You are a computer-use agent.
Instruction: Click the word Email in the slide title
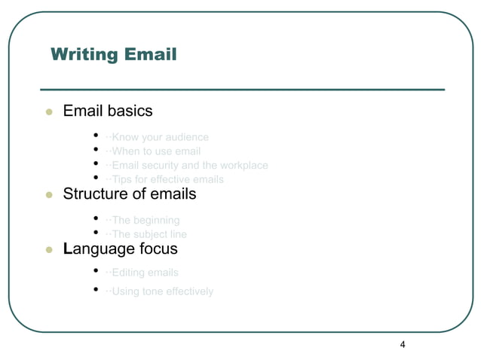pos(150,55)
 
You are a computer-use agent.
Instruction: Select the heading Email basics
pos(108,111)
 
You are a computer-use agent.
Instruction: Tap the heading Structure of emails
pos(129,194)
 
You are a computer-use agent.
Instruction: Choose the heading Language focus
pos(121,248)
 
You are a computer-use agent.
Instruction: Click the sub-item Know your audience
pos(158,137)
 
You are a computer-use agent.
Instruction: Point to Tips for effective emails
pos(165,179)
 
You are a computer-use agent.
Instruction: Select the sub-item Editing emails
pos(142,273)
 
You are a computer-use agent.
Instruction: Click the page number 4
pos(403,345)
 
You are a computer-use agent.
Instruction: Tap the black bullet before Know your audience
pos(97,136)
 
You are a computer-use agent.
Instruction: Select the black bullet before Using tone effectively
pos(97,291)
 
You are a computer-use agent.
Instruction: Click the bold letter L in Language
pos(68,248)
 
